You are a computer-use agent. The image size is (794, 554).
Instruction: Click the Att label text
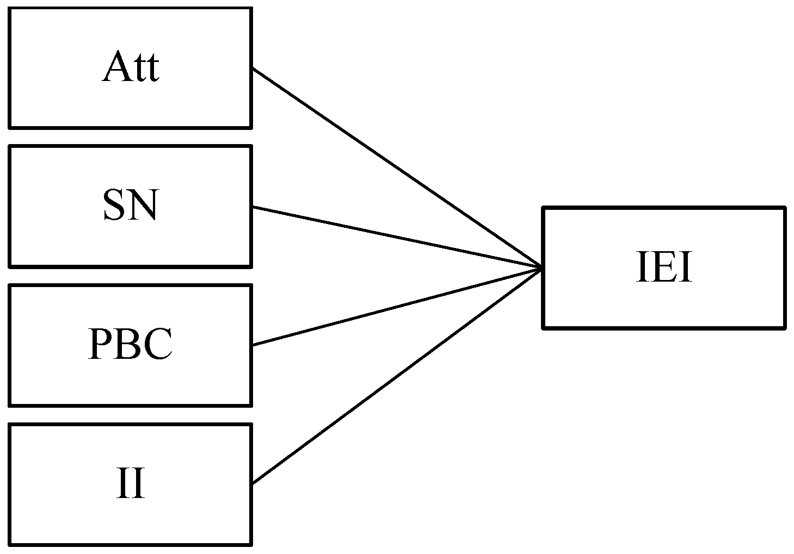(x=130, y=67)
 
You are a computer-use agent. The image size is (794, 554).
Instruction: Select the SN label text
(x=130, y=207)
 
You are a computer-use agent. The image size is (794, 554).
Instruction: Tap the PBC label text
(x=130, y=345)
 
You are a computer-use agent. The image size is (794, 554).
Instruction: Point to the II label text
(x=130, y=484)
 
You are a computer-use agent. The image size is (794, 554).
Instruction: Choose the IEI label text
(x=664, y=268)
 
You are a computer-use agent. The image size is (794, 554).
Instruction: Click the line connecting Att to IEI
(x=396, y=168)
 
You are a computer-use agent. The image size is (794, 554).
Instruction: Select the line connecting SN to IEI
(x=396, y=237)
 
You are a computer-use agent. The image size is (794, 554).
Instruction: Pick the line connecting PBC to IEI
(x=396, y=307)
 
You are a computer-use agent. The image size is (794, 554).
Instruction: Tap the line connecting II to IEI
(x=396, y=376)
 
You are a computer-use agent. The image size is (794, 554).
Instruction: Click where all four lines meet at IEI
(x=541, y=267)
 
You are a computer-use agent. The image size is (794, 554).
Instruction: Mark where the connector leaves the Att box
(x=253, y=69)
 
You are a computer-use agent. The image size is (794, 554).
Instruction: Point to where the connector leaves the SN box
(x=253, y=207)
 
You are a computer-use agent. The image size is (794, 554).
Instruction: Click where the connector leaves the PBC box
(x=253, y=345)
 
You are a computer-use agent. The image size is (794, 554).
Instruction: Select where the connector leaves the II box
(x=253, y=483)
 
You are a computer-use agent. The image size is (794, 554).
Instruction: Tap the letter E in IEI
(x=664, y=268)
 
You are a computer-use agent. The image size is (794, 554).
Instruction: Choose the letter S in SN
(x=114, y=207)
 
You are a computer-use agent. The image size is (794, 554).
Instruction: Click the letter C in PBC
(x=158, y=345)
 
